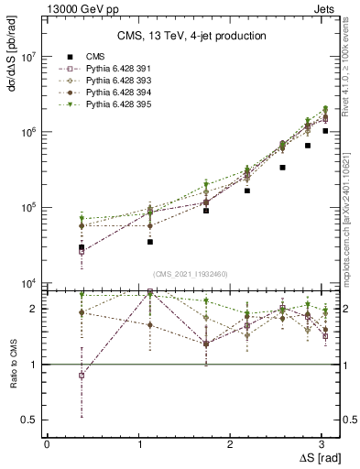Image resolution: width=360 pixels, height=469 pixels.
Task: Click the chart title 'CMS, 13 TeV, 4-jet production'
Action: click(191, 37)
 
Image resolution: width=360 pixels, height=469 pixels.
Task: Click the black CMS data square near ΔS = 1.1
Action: click(150, 242)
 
